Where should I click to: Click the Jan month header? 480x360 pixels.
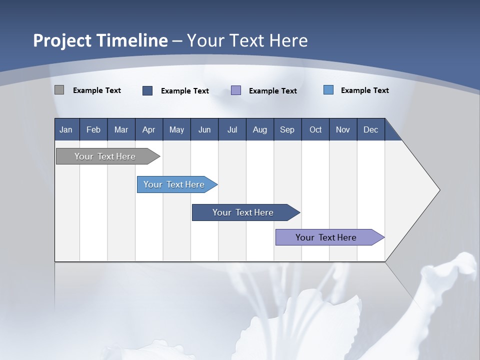point(66,129)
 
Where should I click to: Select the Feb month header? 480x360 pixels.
point(93,129)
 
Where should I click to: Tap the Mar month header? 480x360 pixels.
point(121,129)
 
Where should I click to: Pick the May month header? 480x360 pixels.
point(176,129)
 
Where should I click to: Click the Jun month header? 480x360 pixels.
point(204,129)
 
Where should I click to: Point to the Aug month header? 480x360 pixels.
point(259,129)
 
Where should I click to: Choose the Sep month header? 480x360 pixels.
point(287,129)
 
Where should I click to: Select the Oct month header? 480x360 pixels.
point(315,129)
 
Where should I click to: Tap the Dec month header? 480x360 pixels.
point(370,129)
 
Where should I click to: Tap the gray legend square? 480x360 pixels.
point(59,90)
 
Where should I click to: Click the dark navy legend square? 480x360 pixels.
point(147,90)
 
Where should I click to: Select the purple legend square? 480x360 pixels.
point(236,90)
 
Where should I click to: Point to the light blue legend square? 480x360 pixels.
point(328,90)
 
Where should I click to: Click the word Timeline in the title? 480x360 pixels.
point(131,40)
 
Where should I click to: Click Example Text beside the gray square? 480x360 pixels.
point(97,90)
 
